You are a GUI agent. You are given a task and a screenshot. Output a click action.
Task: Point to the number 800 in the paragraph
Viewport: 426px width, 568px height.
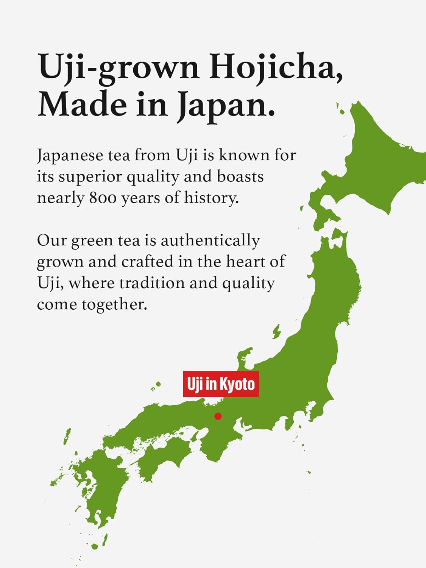pyautogui.click(x=103, y=198)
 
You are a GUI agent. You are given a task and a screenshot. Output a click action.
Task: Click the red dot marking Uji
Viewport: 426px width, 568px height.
pyautogui.click(x=218, y=416)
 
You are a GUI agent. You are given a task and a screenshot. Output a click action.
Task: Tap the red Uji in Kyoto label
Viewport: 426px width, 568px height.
pyautogui.click(x=221, y=384)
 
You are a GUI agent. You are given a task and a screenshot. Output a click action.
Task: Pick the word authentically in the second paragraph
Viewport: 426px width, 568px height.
pyautogui.click(x=210, y=241)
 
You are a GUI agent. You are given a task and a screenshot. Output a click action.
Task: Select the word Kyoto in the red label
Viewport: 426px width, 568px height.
pyautogui.click(x=237, y=384)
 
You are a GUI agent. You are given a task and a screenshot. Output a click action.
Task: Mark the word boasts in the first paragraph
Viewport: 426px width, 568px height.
pyautogui.click(x=240, y=176)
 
